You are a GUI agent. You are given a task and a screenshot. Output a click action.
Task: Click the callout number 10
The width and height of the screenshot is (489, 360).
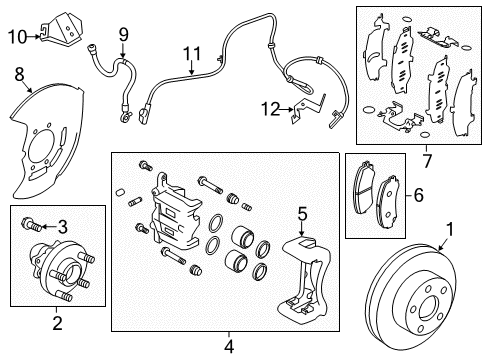[x=18, y=36]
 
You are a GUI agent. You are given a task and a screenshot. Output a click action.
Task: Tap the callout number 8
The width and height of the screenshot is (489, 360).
[x=19, y=74]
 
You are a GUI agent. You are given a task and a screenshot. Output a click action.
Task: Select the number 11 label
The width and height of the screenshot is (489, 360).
[x=192, y=54]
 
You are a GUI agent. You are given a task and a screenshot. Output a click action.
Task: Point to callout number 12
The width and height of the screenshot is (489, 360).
[x=271, y=109]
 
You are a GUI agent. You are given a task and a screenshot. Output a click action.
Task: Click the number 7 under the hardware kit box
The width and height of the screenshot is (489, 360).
[x=427, y=161]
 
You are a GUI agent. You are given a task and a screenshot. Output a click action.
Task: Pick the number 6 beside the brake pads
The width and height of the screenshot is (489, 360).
[x=418, y=195]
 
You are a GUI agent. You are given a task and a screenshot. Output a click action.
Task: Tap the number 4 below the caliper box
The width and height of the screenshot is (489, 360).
[x=229, y=347]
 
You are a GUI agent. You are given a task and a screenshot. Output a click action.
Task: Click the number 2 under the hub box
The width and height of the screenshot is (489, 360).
[x=57, y=323]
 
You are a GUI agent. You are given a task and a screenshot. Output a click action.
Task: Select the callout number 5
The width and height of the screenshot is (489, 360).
[x=302, y=214]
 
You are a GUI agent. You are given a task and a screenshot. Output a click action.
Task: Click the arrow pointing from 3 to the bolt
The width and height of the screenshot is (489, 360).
[x=49, y=227]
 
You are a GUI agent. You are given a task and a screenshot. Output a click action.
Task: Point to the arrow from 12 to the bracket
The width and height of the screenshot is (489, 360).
[x=287, y=109]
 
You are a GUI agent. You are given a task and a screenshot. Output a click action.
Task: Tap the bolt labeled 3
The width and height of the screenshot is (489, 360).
[x=32, y=224]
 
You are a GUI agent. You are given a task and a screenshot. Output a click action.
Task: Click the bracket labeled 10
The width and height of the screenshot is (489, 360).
[x=61, y=29]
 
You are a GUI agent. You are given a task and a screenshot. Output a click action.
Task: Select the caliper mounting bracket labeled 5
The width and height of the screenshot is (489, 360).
[x=305, y=279]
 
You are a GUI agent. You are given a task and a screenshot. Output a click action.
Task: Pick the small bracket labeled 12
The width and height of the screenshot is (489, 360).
[x=307, y=108]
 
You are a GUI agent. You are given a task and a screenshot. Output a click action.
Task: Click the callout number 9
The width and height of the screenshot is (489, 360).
[x=123, y=34]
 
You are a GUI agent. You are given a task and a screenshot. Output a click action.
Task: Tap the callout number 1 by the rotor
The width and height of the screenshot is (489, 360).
[x=450, y=230]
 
